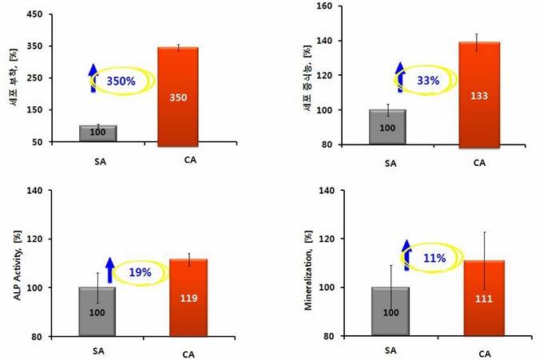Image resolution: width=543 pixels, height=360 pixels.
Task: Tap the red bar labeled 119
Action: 188,297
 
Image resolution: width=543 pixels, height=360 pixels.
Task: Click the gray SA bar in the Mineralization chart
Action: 390,311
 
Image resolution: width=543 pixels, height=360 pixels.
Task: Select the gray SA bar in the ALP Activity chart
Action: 97,311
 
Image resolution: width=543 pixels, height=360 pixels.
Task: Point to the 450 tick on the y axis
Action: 37,14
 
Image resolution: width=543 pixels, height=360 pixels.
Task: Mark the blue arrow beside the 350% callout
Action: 93,78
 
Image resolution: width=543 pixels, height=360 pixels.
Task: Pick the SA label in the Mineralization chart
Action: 391,351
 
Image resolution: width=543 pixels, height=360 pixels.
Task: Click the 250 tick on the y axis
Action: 37,78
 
